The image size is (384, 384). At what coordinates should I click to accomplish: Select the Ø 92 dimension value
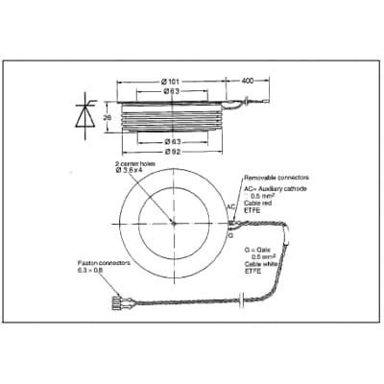click(x=175, y=151)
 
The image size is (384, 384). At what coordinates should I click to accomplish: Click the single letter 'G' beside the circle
click(x=230, y=234)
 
